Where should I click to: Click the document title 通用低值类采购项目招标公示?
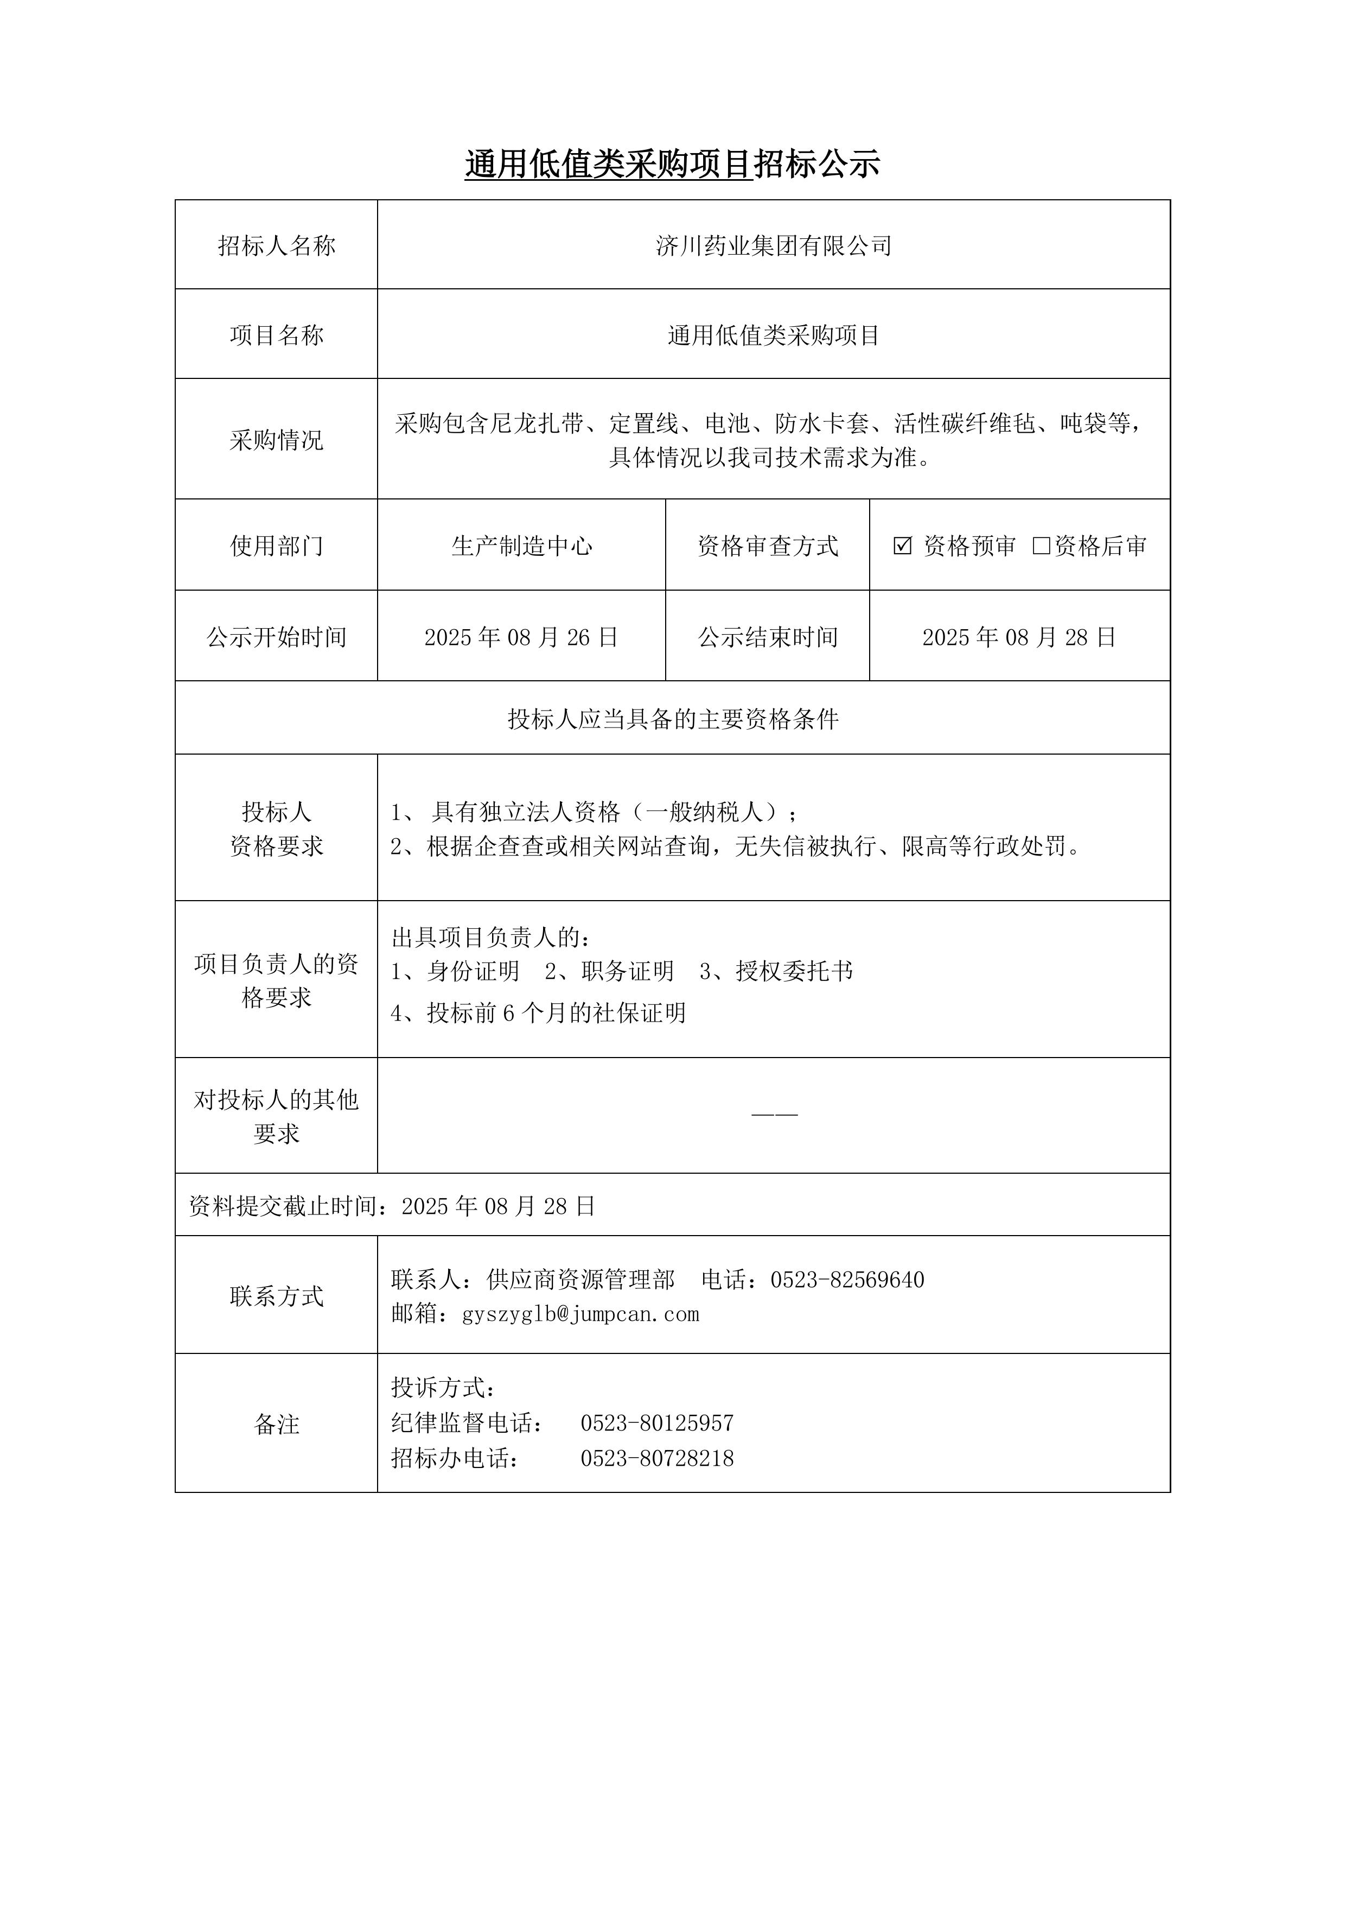[x=672, y=164]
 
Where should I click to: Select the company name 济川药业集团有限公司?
[x=773, y=245]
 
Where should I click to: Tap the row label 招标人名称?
[x=276, y=245]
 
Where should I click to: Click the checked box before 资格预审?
[x=902, y=545]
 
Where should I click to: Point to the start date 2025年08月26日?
[x=521, y=637]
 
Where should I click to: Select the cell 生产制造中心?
[x=521, y=545]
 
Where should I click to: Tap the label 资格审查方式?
[x=767, y=545]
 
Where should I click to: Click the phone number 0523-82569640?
[x=847, y=1280]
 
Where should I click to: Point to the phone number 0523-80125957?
[x=657, y=1423]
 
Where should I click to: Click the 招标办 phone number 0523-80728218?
[x=657, y=1458]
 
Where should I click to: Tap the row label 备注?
[x=276, y=1424]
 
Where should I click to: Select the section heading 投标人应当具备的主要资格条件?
[x=673, y=719]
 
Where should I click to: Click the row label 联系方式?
[x=276, y=1296]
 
